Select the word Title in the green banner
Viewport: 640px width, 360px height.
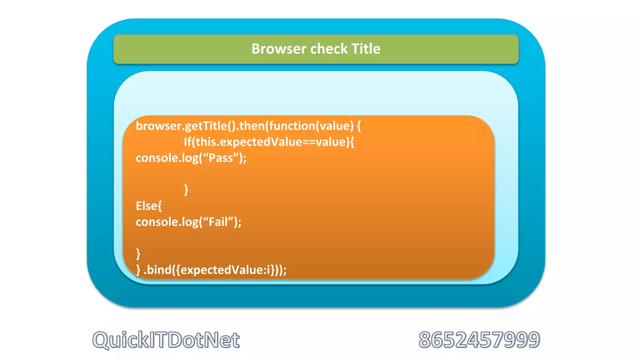pyautogui.click(x=366, y=49)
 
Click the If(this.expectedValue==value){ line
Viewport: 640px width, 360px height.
pyautogui.click(x=269, y=142)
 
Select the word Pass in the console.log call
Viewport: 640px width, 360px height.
pyautogui.click(x=221, y=158)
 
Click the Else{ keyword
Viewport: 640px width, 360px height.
pyautogui.click(x=149, y=206)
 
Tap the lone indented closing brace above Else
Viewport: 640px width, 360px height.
pyautogui.click(x=186, y=190)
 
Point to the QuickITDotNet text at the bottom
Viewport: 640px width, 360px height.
pyautogui.click(x=166, y=340)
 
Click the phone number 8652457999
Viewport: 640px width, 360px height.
pyautogui.click(x=479, y=340)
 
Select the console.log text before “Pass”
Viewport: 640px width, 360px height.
pyautogui.click(x=167, y=158)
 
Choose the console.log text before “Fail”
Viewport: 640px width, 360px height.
pyautogui.click(x=167, y=222)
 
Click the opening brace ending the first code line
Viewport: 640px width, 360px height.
pyautogui.click(x=359, y=126)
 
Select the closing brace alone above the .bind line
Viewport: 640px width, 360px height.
pyautogui.click(x=138, y=254)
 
